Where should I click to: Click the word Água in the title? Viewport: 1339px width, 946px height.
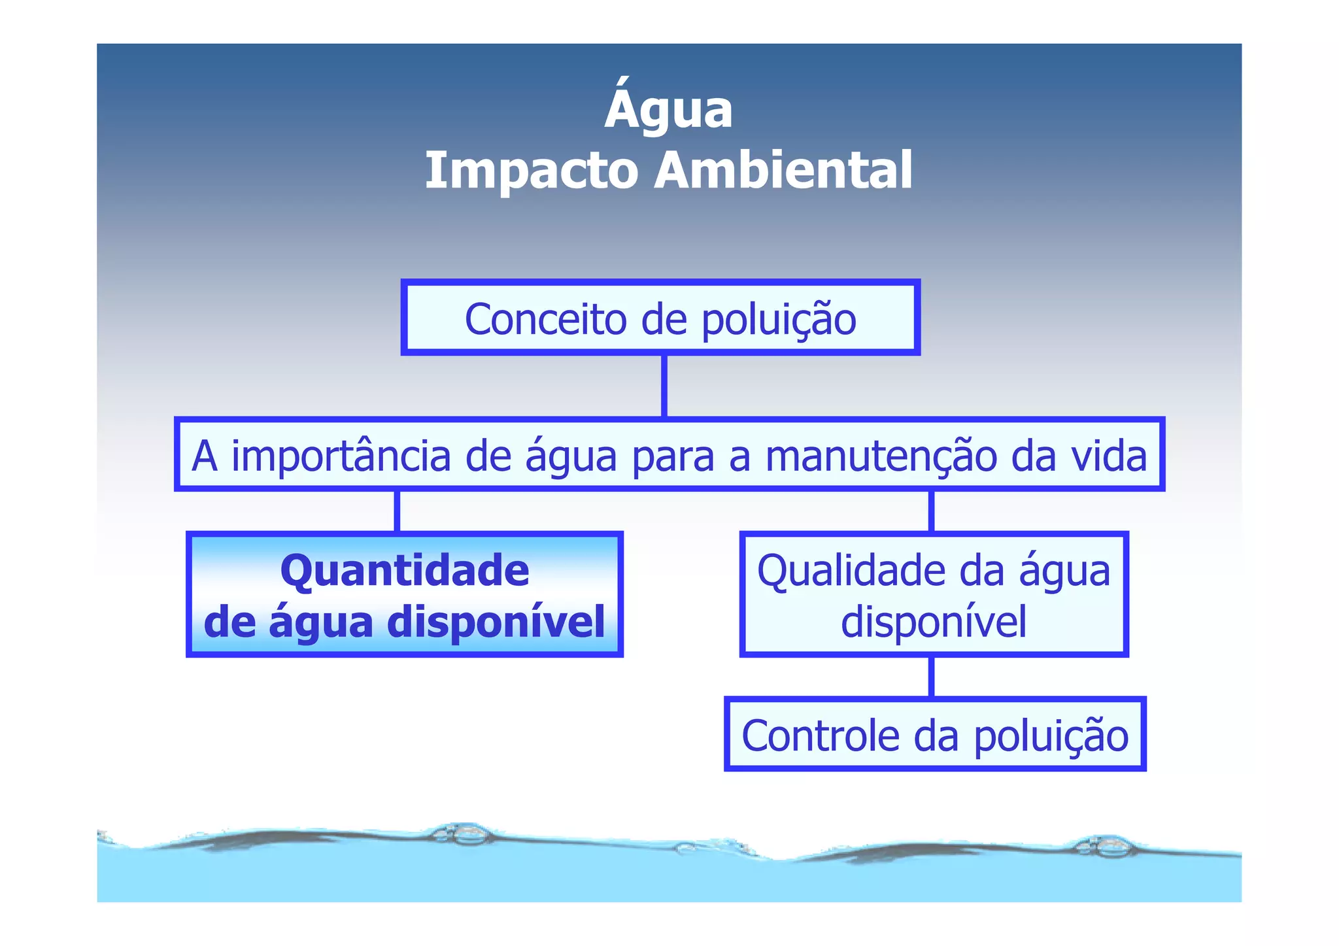668,109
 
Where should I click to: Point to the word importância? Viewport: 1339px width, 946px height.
341,456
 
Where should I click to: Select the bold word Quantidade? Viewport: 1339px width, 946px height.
405,570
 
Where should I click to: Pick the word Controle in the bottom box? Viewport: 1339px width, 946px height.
821,735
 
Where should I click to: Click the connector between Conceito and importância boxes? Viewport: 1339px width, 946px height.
664,386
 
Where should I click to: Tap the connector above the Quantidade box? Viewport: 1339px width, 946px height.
397,511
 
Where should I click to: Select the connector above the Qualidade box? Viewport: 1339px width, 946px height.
931,511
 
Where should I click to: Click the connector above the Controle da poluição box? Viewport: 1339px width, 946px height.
931,677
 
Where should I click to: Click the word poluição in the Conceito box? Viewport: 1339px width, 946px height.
779,320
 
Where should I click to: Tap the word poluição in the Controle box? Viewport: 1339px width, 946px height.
1051,735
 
